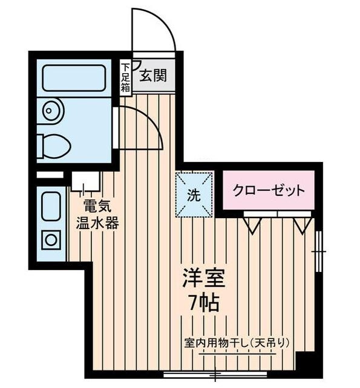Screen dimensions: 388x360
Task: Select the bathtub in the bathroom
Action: pyautogui.click(x=74, y=78)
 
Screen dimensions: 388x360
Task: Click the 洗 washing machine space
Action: pyautogui.click(x=194, y=195)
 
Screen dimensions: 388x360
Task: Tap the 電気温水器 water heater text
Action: pyautogui.click(x=96, y=215)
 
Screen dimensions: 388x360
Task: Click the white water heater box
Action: pyautogui.click(x=85, y=180)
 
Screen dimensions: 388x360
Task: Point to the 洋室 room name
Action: pyautogui.click(x=204, y=280)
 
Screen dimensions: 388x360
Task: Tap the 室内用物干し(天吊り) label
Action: pyautogui.click(x=237, y=343)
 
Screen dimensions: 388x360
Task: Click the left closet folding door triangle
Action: pyautogui.click(x=252, y=225)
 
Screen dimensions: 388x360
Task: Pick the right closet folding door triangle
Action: pyautogui.click(x=302, y=225)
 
